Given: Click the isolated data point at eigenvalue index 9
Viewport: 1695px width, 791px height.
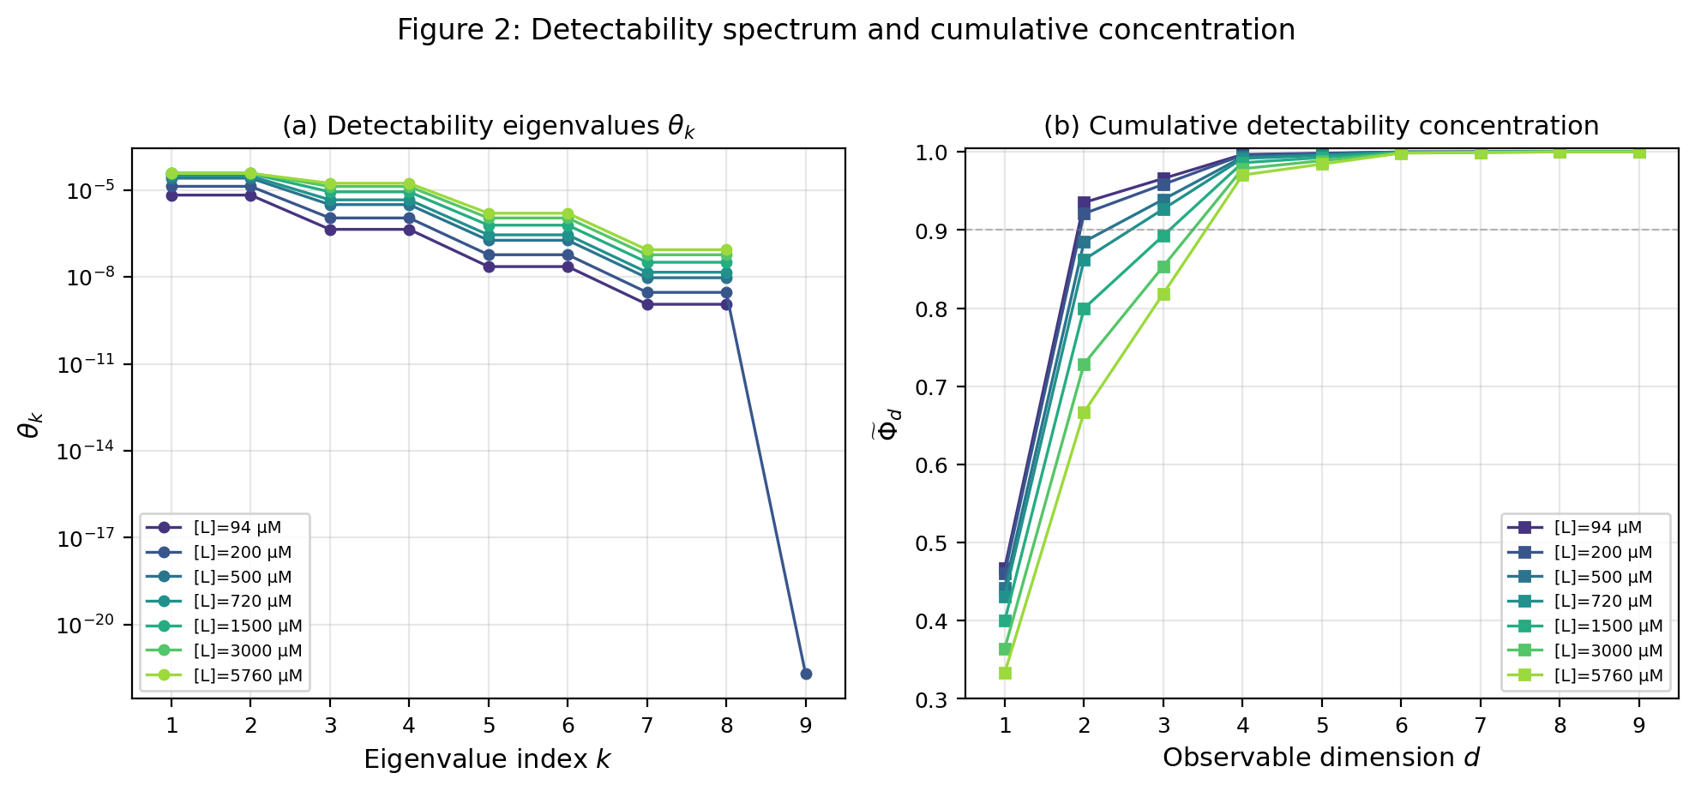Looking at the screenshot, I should click(806, 674).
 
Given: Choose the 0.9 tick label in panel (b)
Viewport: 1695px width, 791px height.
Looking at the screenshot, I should click(936, 231).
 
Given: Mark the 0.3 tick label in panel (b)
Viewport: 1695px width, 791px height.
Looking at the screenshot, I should click(936, 700).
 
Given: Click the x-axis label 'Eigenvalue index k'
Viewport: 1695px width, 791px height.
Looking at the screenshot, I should click(487, 759).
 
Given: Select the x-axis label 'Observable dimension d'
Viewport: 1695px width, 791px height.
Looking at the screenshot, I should click(1321, 758).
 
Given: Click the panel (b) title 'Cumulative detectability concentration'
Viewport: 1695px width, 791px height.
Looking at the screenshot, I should click(1321, 126).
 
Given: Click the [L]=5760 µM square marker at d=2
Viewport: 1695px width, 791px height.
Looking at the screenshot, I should click(1084, 412).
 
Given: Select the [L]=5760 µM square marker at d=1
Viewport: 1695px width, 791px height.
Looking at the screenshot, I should click(1005, 673).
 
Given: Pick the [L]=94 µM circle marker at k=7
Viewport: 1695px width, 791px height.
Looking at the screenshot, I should click(647, 304).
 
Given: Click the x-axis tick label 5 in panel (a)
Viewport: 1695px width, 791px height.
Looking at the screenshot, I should click(489, 727).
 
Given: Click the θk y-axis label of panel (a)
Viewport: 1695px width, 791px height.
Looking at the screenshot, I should click(30, 424).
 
